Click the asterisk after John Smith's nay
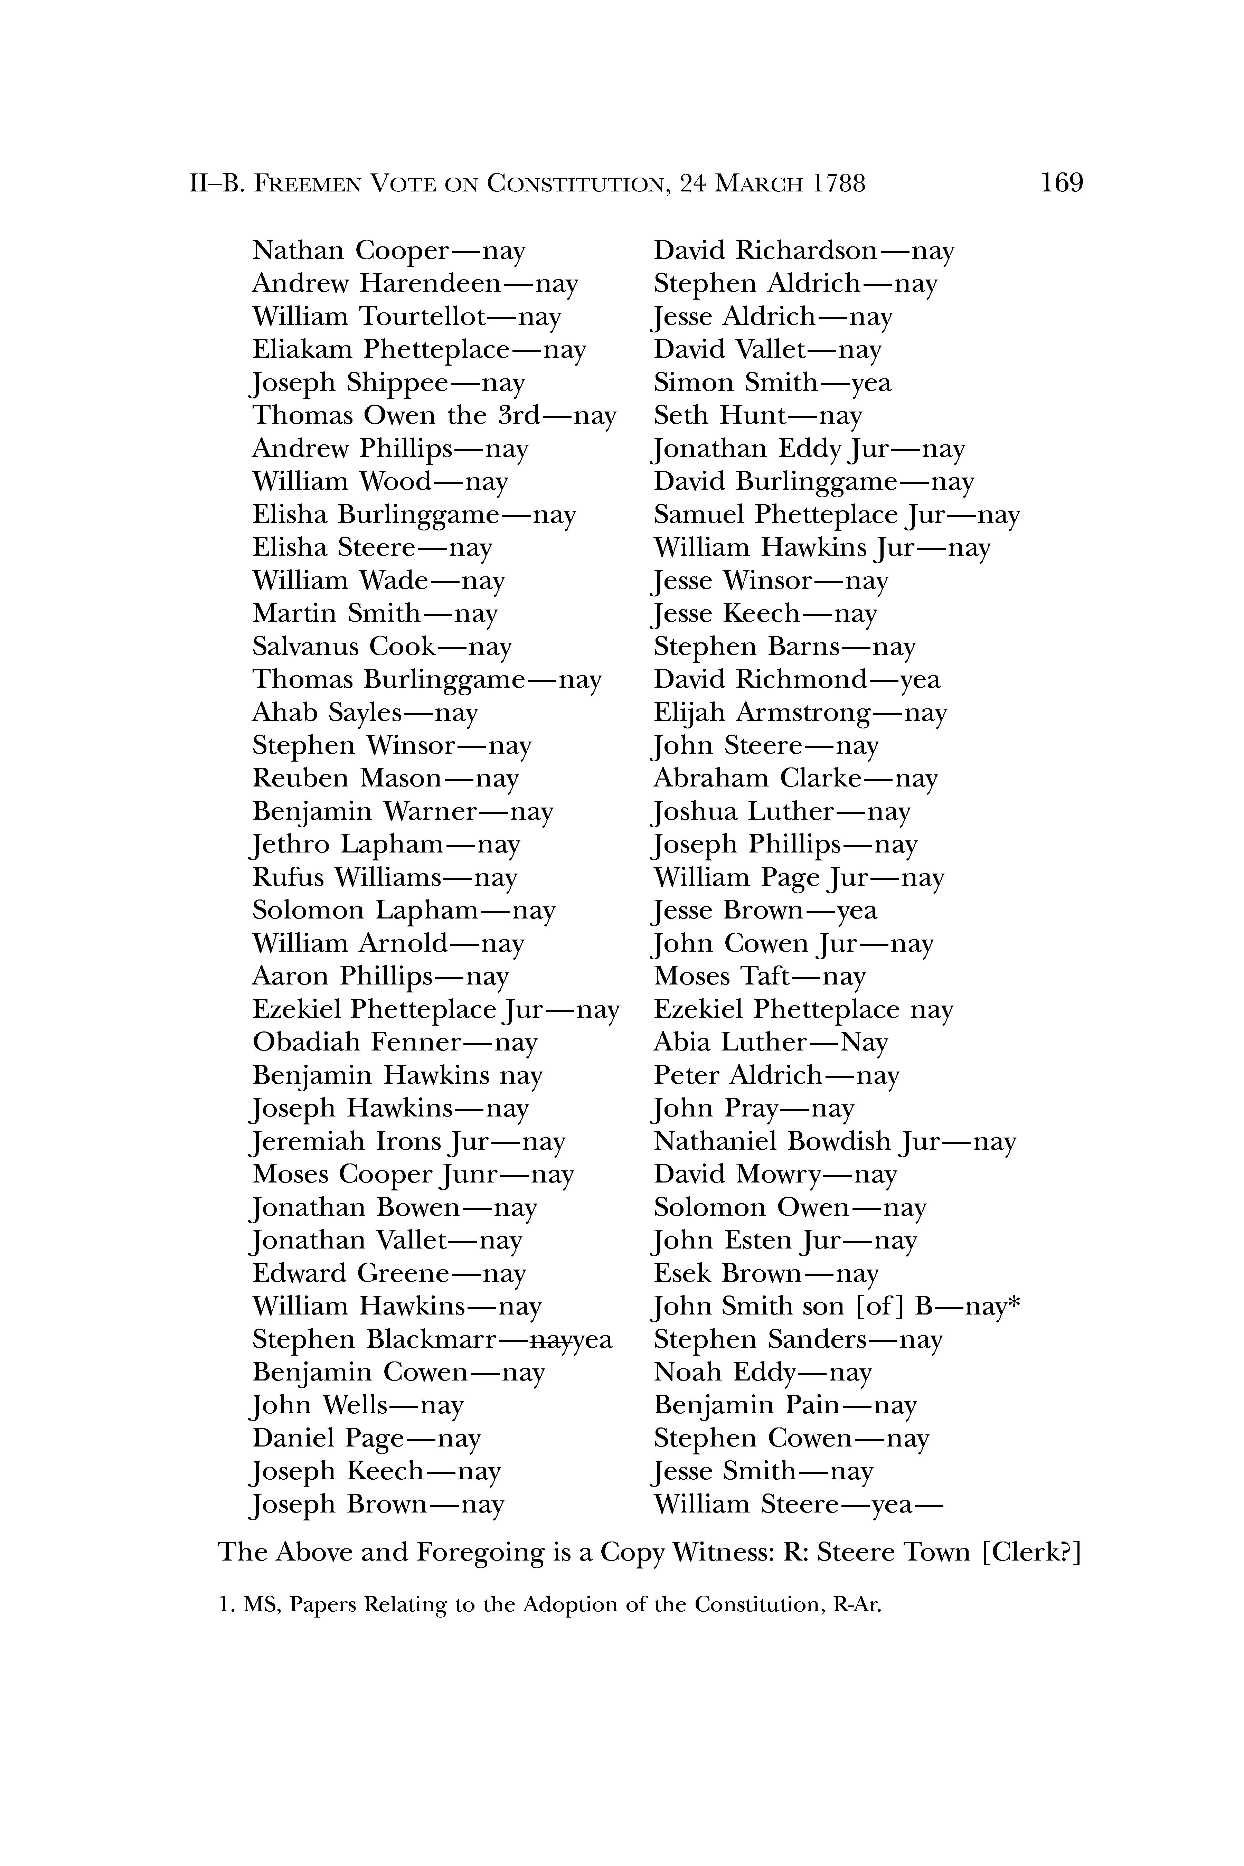click(1013, 1303)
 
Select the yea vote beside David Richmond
click(920, 680)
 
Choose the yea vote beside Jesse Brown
click(857, 911)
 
